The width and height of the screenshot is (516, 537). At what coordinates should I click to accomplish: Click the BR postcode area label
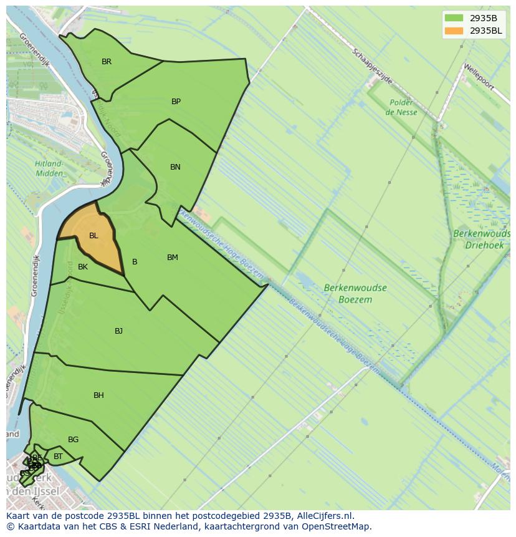(x=107, y=62)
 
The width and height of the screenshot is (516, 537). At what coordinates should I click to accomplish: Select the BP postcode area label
(x=176, y=102)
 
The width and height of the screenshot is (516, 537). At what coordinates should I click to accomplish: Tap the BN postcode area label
(x=175, y=167)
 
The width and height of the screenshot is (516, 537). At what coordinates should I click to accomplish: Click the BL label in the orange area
(x=93, y=236)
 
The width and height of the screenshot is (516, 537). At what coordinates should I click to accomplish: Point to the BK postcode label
(x=83, y=267)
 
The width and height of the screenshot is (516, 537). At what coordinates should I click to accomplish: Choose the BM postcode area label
(x=173, y=258)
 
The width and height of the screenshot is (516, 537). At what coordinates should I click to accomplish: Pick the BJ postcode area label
(x=118, y=331)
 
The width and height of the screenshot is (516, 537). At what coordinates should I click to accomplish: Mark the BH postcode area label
(x=98, y=395)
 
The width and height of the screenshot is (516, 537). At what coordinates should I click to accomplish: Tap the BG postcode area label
(x=73, y=440)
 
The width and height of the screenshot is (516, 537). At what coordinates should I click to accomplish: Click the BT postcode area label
(x=58, y=457)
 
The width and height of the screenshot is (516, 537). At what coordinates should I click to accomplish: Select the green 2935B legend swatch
(x=454, y=17)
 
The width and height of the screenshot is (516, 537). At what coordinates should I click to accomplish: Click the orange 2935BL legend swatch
(x=454, y=31)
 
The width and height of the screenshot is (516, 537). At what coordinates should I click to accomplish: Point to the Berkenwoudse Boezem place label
(x=355, y=294)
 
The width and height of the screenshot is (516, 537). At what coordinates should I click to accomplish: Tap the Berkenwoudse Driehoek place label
(x=482, y=239)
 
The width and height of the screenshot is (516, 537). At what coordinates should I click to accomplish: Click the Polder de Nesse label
(x=401, y=107)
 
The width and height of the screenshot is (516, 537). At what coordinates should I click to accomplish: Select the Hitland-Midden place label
(x=48, y=168)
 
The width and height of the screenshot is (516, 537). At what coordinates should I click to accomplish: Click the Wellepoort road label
(x=478, y=76)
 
